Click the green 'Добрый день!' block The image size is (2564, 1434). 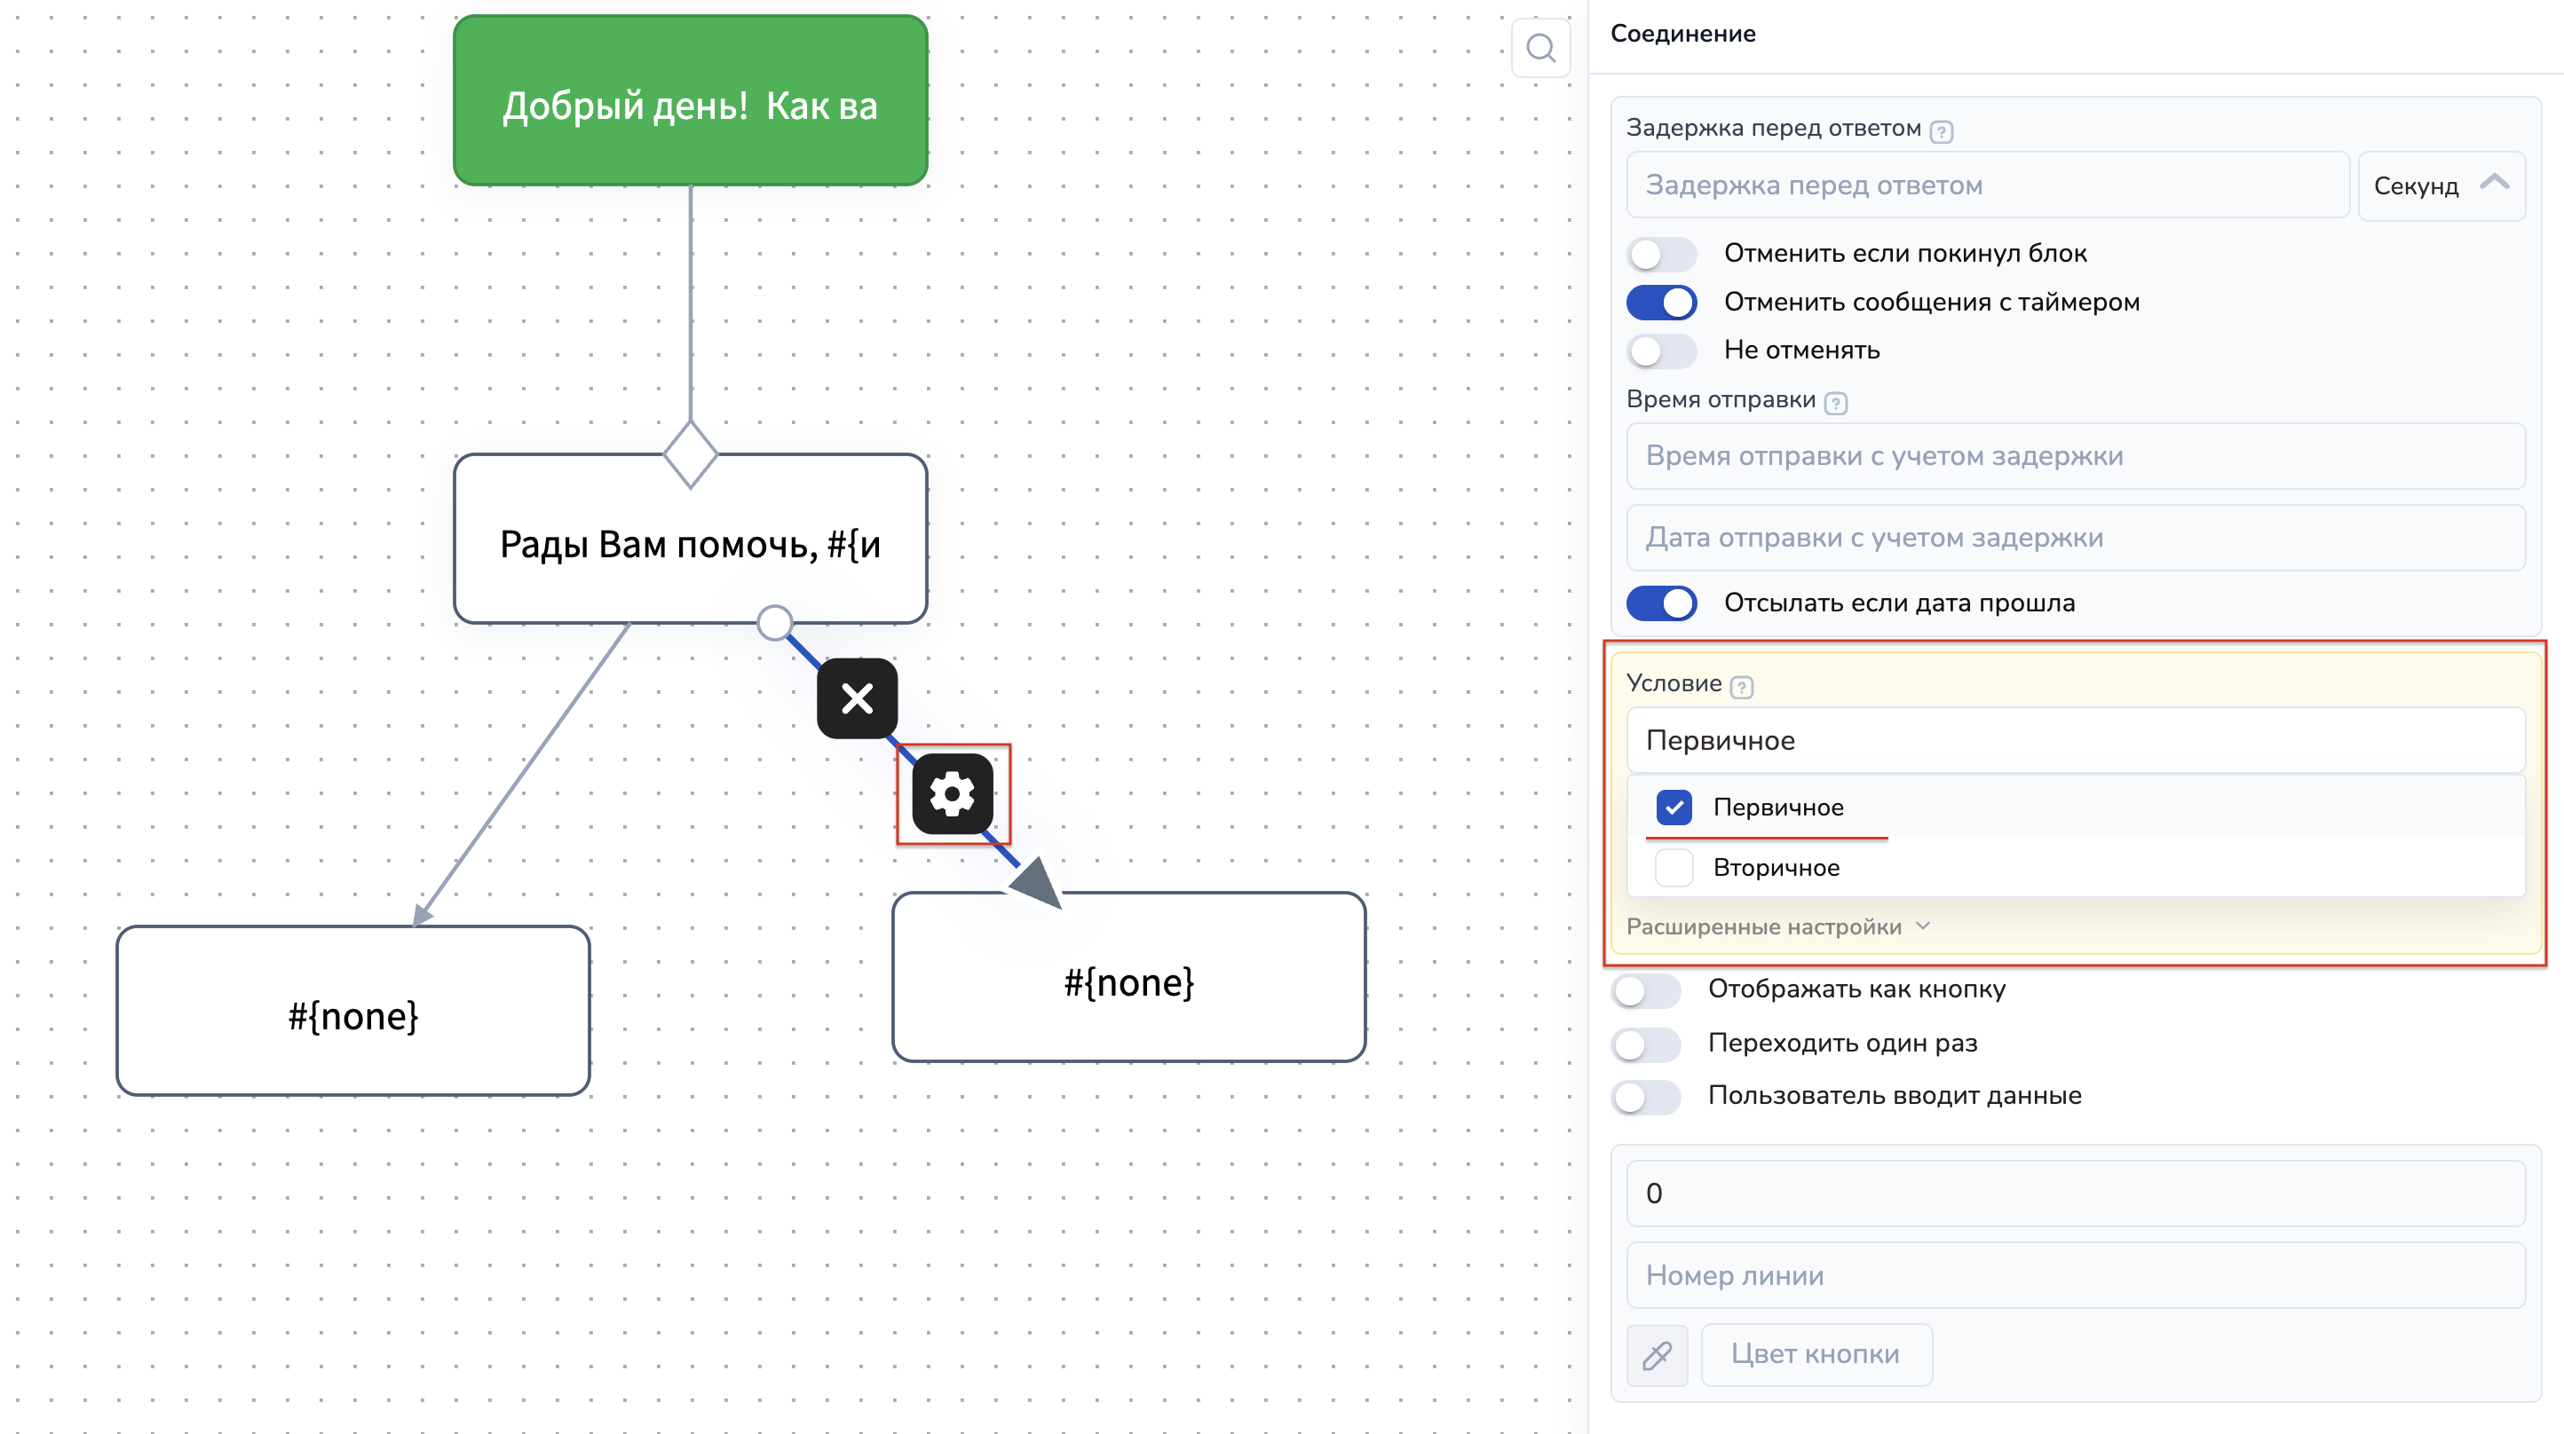point(690,100)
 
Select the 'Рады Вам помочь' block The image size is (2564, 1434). point(690,540)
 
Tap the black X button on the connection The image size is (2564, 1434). point(857,698)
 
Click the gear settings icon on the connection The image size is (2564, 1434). point(953,793)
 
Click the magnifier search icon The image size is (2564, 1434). point(1540,48)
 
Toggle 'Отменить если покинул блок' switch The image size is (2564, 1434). point(1661,254)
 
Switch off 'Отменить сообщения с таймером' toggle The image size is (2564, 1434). point(1661,303)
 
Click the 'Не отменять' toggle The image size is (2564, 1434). point(1661,351)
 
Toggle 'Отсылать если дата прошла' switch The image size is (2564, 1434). point(1661,603)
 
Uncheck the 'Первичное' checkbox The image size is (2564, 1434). point(1674,807)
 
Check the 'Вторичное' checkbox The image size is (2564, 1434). point(1674,868)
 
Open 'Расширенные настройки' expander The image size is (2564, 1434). point(1777,926)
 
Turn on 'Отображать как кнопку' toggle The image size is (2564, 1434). point(1645,990)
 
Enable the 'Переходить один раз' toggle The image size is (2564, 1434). point(1645,1044)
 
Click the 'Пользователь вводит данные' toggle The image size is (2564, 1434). point(1645,1097)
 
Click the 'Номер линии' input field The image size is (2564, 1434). point(2076,1275)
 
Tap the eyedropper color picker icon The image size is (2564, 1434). point(1658,1354)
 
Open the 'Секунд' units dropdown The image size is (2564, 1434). point(2441,186)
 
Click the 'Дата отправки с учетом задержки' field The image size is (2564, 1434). point(2076,538)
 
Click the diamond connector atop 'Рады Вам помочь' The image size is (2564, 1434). point(690,453)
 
